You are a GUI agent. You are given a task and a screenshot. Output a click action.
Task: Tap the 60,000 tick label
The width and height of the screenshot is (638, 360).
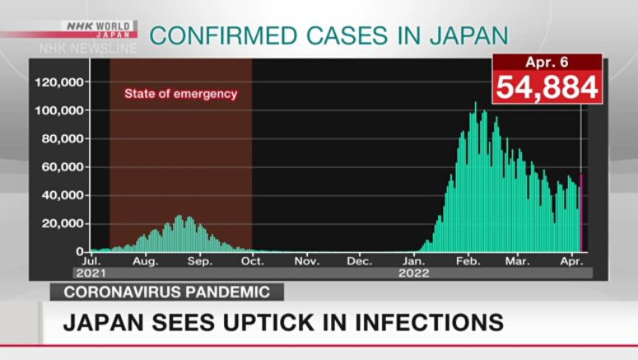[x=63, y=167]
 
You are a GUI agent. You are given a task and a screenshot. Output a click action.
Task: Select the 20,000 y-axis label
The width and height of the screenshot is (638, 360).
[x=63, y=223]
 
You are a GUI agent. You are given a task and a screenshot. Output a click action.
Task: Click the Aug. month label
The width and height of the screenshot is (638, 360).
[x=145, y=261]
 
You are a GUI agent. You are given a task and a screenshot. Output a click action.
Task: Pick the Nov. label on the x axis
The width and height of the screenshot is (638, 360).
[x=306, y=261]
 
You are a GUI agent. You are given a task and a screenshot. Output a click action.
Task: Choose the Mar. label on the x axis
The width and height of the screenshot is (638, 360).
[x=518, y=261]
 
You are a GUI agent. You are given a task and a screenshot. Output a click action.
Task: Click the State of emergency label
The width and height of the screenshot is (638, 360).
[x=180, y=94]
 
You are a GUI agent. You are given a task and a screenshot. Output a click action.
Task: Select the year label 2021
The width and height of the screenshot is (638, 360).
[x=91, y=272]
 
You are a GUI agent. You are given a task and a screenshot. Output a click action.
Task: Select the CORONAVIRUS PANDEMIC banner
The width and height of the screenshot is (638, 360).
[x=166, y=292]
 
